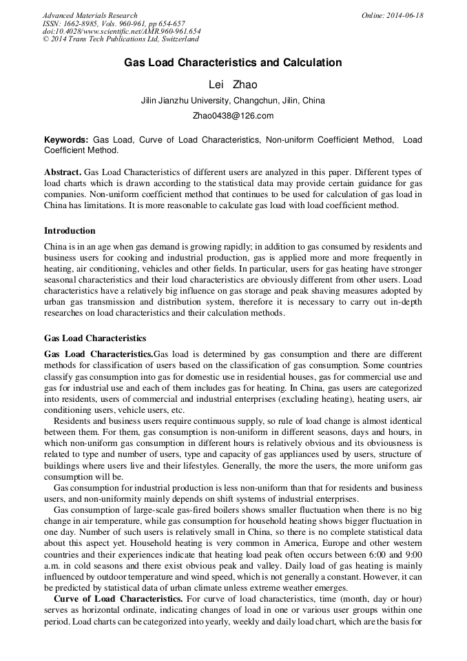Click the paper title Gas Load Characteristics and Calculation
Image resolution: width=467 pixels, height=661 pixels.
tap(233, 63)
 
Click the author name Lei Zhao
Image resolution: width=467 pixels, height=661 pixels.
tap(233, 84)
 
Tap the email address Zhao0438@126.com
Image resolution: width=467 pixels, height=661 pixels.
tap(233, 116)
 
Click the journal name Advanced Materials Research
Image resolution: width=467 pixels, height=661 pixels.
tap(90, 15)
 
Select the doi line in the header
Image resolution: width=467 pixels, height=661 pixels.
tap(121, 31)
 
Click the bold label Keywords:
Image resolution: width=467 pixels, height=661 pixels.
tap(66, 139)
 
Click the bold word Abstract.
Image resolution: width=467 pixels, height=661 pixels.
tap(63, 172)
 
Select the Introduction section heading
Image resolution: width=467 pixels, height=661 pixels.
tap(70, 231)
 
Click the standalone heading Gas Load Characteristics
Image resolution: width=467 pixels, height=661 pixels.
tap(95, 338)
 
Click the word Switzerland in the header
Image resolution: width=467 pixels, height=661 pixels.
tap(176, 39)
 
